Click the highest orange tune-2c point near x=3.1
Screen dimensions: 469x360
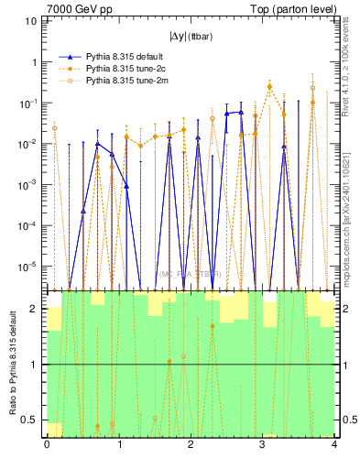(269, 87)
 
